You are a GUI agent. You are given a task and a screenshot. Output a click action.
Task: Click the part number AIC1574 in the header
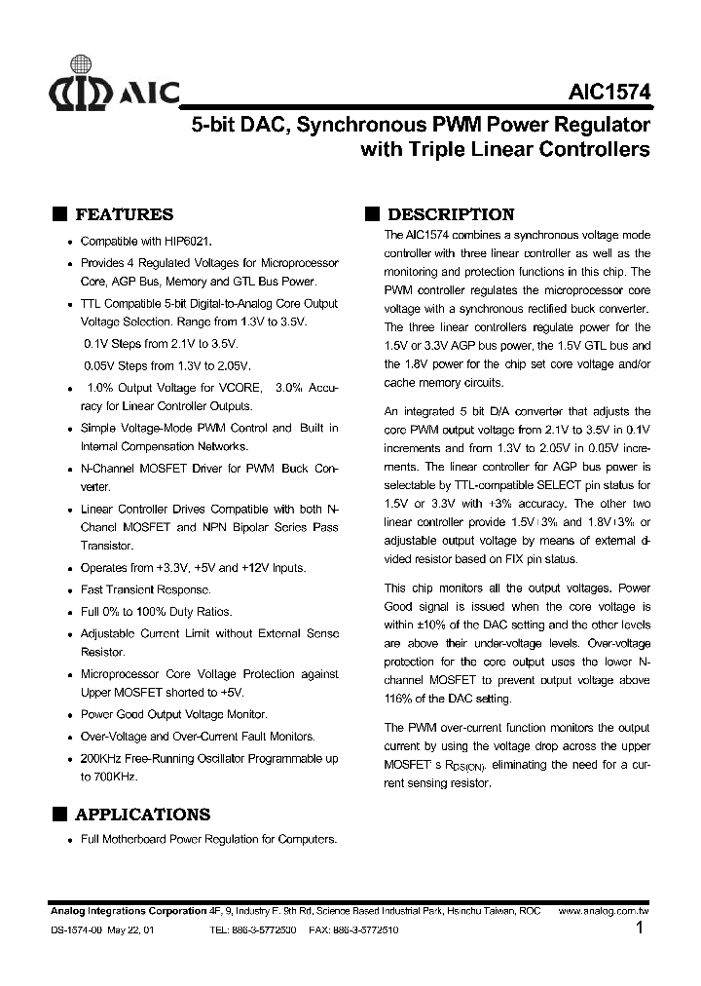point(610,95)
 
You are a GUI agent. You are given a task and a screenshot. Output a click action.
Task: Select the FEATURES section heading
point(124,215)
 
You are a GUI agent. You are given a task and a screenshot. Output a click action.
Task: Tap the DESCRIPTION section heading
point(450,215)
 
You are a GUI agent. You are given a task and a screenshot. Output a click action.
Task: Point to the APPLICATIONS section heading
point(142,815)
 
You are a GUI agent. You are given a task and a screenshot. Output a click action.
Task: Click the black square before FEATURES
point(59,215)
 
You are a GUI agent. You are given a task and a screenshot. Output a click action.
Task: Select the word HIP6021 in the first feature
point(186,241)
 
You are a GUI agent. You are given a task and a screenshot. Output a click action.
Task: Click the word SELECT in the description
point(553,485)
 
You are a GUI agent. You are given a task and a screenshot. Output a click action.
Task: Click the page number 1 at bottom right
point(640,929)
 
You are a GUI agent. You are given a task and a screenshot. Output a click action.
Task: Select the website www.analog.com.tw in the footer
point(605,911)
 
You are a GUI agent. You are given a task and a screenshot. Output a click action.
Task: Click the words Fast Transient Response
point(145,589)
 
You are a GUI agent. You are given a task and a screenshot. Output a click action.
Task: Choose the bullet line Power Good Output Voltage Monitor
point(173,714)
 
